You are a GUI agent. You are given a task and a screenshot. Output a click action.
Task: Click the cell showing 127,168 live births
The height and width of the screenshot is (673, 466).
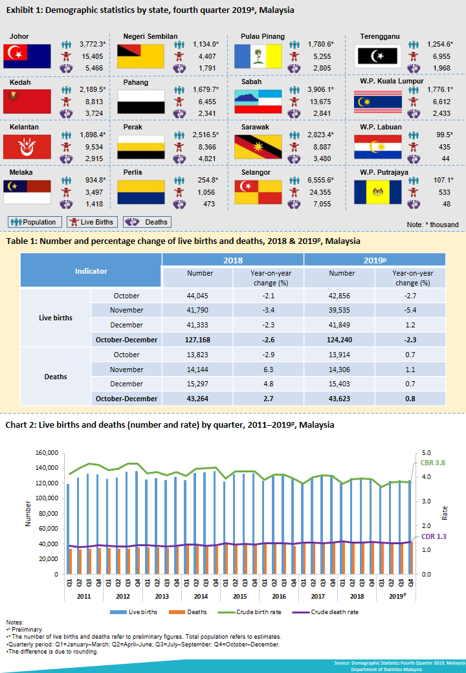tap(200, 340)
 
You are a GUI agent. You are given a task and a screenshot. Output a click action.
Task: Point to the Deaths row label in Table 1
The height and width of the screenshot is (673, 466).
tap(56, 377)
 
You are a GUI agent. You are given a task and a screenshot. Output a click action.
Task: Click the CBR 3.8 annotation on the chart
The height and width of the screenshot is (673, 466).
tap(433, 463)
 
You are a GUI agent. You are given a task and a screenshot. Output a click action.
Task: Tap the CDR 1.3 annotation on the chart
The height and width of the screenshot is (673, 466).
tap(434, 536)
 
